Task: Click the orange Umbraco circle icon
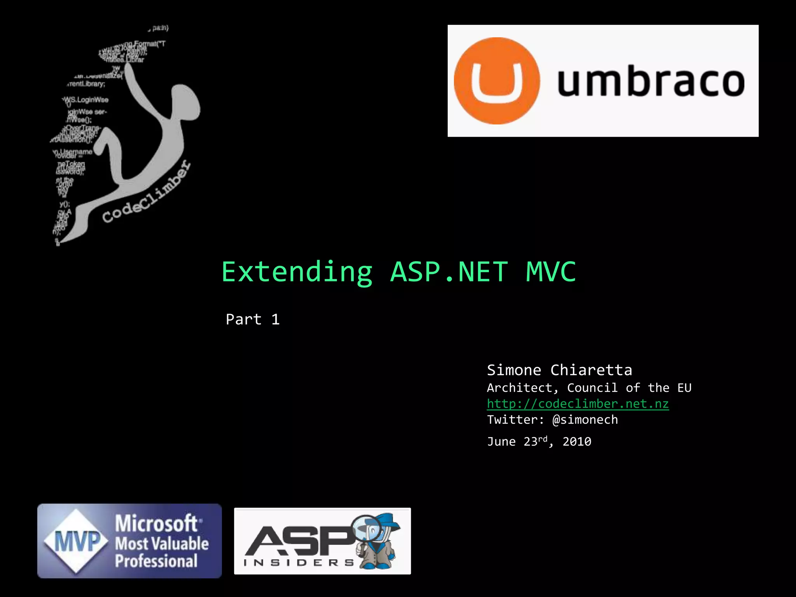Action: coord(497,81)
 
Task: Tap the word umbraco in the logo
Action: coord(651,82)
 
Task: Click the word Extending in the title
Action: coord(297,272)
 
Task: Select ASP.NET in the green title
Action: coord(449,272)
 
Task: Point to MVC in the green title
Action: coord(551,272)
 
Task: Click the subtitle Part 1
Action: coord(253,319)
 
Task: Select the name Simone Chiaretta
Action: coord(559,370)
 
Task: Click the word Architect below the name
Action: coord(519,388)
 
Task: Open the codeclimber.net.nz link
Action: coord(578,404)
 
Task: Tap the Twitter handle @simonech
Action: coord(585,420)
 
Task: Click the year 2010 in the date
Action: coord(577,442)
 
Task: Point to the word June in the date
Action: coord(501,442)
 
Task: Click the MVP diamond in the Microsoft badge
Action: coord(76,541)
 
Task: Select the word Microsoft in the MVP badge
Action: coord(157,523)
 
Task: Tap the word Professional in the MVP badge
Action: coord(156,561)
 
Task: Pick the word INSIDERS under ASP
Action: coord(298,563)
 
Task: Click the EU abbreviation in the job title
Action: coord(684,388)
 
